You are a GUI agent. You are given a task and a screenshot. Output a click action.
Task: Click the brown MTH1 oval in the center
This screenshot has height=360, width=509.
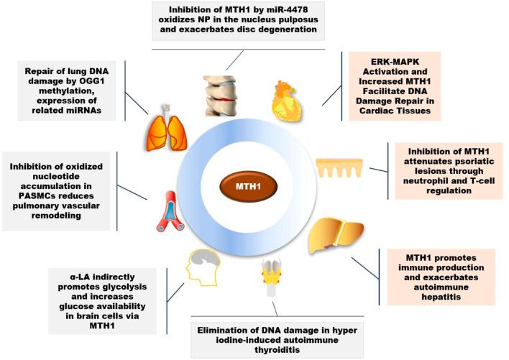(x=247, y=188)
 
